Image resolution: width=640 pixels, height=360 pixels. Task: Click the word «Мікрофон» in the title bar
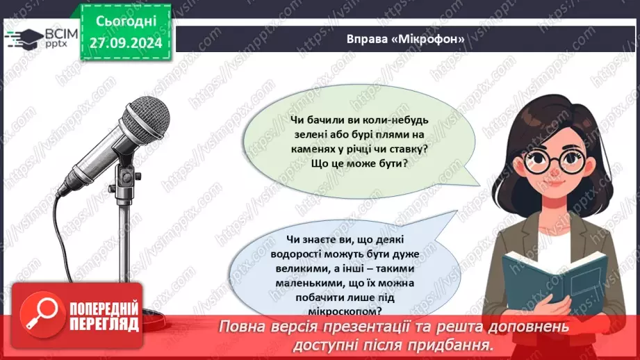coord(429,39)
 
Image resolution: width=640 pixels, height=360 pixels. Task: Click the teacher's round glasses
coord(550,162)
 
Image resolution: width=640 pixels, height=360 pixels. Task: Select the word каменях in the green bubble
coord(316,149)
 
